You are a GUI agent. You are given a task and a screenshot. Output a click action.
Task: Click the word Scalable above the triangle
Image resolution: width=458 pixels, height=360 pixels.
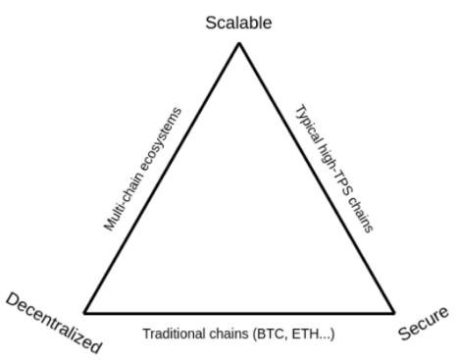click(238, 23)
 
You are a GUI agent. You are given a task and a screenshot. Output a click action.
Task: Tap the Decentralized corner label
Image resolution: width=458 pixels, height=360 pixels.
click(54, 323)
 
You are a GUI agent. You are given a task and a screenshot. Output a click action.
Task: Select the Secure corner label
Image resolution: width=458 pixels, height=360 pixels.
click(424, 323)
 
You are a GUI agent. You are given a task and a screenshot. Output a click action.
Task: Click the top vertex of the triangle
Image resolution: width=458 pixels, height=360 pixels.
click(239, 43)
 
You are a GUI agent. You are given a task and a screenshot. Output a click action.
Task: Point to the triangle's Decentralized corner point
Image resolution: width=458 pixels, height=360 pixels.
click(85, 313)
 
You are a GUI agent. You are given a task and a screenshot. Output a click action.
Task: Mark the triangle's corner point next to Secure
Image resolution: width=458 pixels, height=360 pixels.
click(393, 313)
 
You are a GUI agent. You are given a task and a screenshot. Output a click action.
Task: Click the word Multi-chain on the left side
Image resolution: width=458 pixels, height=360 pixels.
click(124, 201)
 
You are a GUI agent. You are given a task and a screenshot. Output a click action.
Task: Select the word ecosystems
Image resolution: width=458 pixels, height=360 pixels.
click(161, 139)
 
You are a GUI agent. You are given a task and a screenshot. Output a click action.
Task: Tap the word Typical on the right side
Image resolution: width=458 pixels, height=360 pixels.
click(308, 126)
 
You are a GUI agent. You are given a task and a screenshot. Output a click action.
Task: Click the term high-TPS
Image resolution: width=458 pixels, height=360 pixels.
click(332, 169)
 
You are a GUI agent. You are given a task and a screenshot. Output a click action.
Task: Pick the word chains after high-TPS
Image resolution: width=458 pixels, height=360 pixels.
click(359, 214)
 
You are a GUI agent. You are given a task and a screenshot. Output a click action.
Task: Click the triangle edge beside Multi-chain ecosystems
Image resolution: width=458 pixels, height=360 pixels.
click(162, 179)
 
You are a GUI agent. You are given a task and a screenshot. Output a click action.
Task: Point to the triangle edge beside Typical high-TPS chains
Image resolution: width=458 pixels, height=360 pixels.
click(317, 179)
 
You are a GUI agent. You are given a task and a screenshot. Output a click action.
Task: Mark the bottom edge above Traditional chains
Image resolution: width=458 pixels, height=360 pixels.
click(239, 313)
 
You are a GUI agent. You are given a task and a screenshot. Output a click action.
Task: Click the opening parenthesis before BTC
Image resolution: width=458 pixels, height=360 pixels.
click(255, 334)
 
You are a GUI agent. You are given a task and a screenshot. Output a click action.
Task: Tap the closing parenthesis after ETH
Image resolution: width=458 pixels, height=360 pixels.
click(332, 334)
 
